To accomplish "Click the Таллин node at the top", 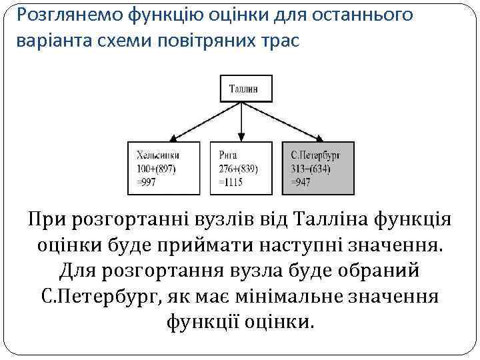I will pyautogui.click(x=241, y=88).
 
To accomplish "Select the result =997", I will pyautogui.click(x=147, y=182).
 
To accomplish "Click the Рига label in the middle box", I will pyautogui.click(x=228, y=155).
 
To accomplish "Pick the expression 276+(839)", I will pyautogui.click(x=238, y=169).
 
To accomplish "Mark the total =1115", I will pyautogui.click(x=231, y=182).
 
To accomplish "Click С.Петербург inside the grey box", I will pyautogui.click(x=316, y=155).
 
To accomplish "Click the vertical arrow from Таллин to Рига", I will pyautogui.click(x=241, y=120).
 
